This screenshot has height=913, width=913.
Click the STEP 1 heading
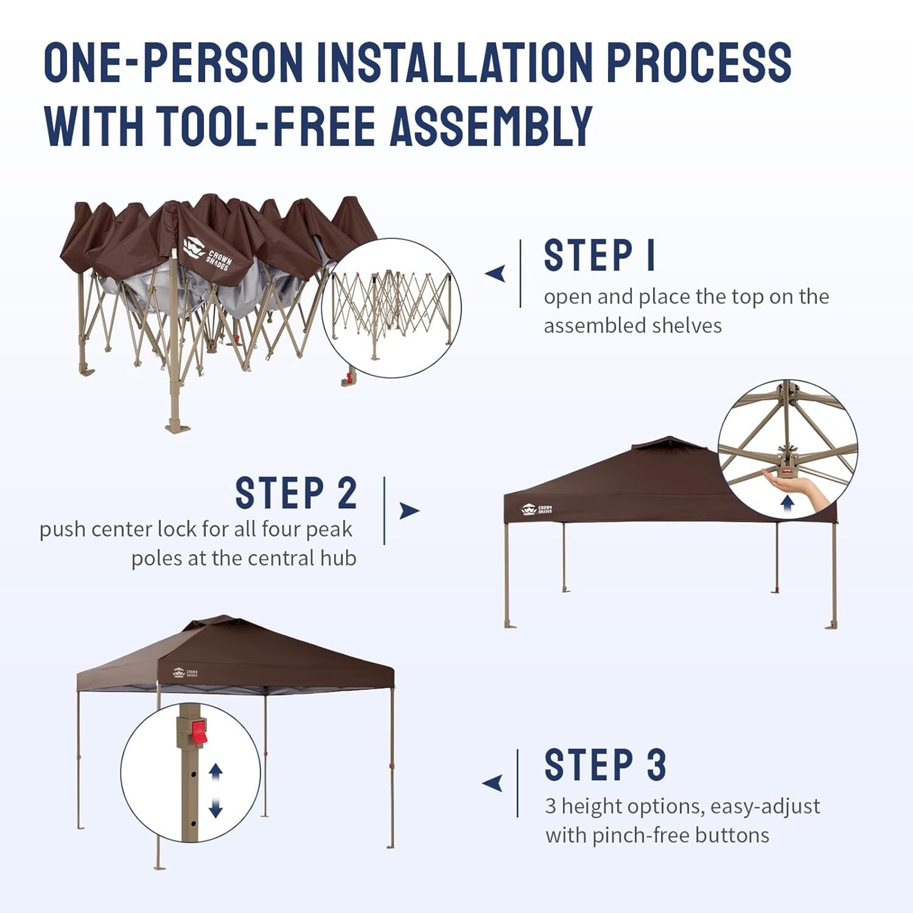click(600, 255)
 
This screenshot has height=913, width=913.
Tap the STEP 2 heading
click(296, 492)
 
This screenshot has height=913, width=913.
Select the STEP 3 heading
click(606, 764)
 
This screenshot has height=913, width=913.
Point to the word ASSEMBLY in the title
click(491, 126)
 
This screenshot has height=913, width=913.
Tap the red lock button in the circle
click(199, 732)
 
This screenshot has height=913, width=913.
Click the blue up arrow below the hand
click(788, 503)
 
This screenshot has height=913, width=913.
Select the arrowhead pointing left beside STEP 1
click(495, 274)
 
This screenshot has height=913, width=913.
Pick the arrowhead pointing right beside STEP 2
click(409, 511)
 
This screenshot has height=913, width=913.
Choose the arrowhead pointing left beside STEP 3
click(492, 783)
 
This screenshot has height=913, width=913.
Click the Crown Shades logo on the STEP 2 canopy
click(537, 509)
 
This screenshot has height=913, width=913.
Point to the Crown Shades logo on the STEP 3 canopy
click(186, 673)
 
